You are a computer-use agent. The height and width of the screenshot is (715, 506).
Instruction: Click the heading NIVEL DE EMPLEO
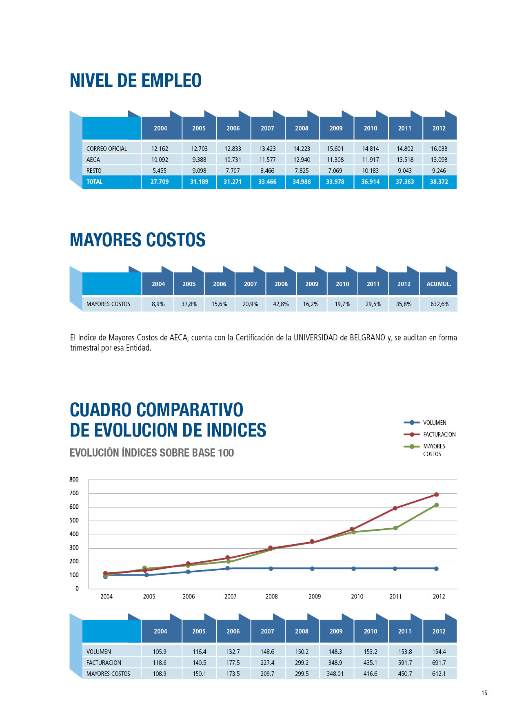pyautogui.click(x=135, y=81)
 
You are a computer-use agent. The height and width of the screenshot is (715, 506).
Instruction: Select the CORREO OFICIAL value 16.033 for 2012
pyautogui.click(x=439, y=149)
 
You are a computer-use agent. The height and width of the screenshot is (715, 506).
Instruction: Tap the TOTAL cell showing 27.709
pyautogui.click(x=160, y=182)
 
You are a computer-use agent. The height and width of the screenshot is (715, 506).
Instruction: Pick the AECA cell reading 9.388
pyautogui.click(x=199, y=160)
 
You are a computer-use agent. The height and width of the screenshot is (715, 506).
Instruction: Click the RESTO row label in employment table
pyautogui.click(x=94, y=171)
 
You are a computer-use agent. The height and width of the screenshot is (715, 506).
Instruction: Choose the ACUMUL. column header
pyautogui.click(x=439, y=284)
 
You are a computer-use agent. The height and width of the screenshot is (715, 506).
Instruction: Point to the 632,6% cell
pyautogui.click(x=439, y=304)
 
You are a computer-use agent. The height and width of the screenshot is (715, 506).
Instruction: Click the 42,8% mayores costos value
pyautogui.click(x=281, y=304)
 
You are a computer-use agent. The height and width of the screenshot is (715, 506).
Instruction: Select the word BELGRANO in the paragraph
pyautogui.click(x=367, y=338)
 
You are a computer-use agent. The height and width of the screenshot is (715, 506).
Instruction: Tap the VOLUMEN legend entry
pyautogui.click(x=434, y=423)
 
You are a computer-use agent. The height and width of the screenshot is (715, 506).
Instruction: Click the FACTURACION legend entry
pyautogui.click(x=439, y=435)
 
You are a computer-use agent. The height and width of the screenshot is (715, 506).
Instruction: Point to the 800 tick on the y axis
pyautogui.click(x=74, y=479)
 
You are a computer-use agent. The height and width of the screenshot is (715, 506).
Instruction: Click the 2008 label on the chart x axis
pyautogui.click(x=272, y=596)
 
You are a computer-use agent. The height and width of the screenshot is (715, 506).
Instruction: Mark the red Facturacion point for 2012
pyautogui.click(x=436, y=494)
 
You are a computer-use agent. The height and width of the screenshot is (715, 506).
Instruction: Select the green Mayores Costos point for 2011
pyautogui.click(x=395, y=528)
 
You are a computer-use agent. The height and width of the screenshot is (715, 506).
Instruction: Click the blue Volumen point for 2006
pyautogui.click(x=188, y=572)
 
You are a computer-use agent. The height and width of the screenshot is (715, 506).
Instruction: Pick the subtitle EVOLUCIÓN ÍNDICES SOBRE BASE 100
pyautogui.click(x=152, y=453)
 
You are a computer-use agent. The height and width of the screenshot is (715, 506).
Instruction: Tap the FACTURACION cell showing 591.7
pyautogui.click(x=405, y=663)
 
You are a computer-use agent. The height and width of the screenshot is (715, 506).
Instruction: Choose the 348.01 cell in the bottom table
pyautogui.click(x=335, y=674)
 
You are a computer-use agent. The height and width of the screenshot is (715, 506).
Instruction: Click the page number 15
pyautogui.click(x=484, y=693)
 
